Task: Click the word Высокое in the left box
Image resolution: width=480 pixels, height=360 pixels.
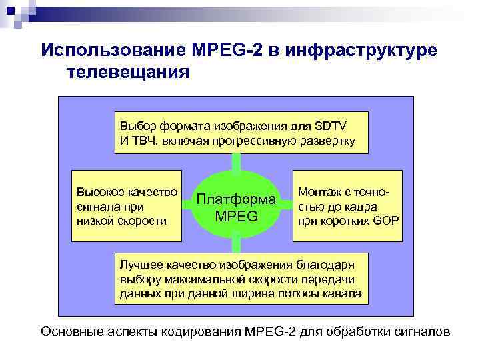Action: point(100,193)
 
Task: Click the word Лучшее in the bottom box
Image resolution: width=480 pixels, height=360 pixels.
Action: point(137,265)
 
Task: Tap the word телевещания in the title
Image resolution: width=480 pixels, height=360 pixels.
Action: point(127,71)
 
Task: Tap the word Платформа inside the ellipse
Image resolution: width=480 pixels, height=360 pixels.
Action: point(237,199)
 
